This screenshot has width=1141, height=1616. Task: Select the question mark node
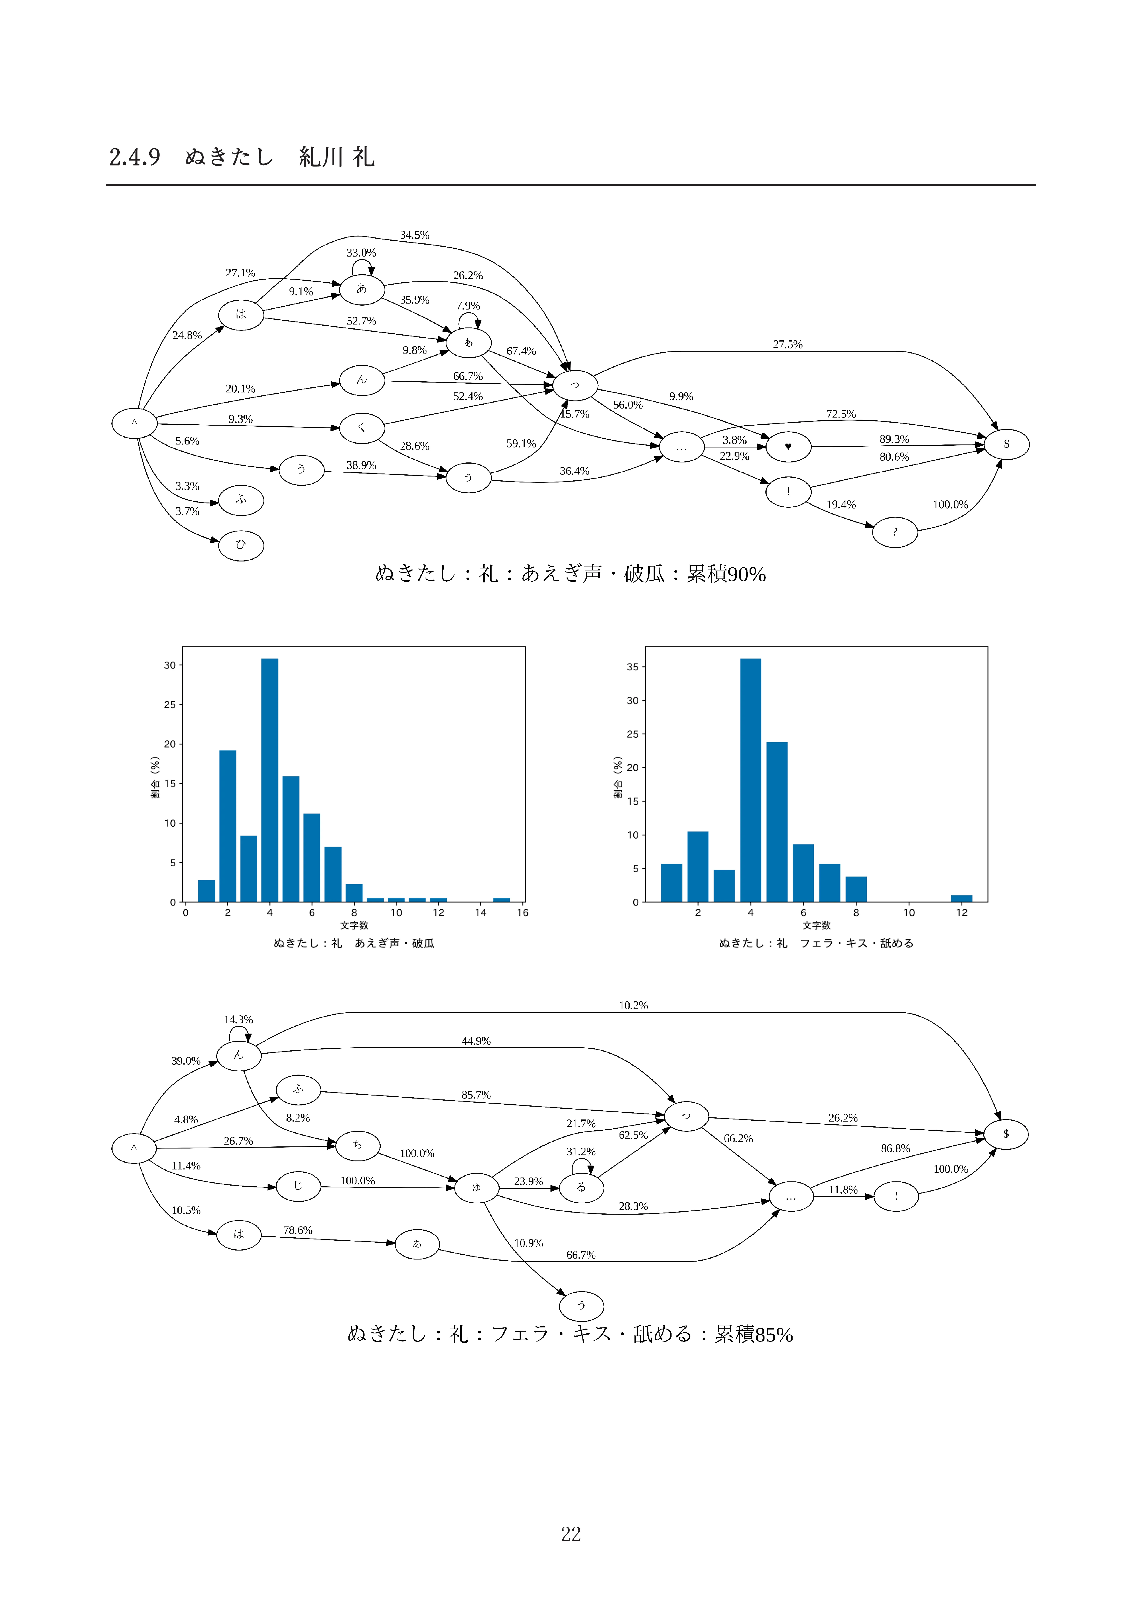point(895,532)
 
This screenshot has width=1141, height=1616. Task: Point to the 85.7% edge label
point(476,1095)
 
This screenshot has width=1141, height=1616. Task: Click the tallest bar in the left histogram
point(269,780)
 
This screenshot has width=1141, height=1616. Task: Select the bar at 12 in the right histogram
point(962,899)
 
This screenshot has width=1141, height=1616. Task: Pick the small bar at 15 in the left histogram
point(501,900)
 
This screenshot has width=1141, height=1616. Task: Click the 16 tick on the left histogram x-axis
point(523,913)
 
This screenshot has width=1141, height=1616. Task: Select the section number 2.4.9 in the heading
point(134,157)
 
